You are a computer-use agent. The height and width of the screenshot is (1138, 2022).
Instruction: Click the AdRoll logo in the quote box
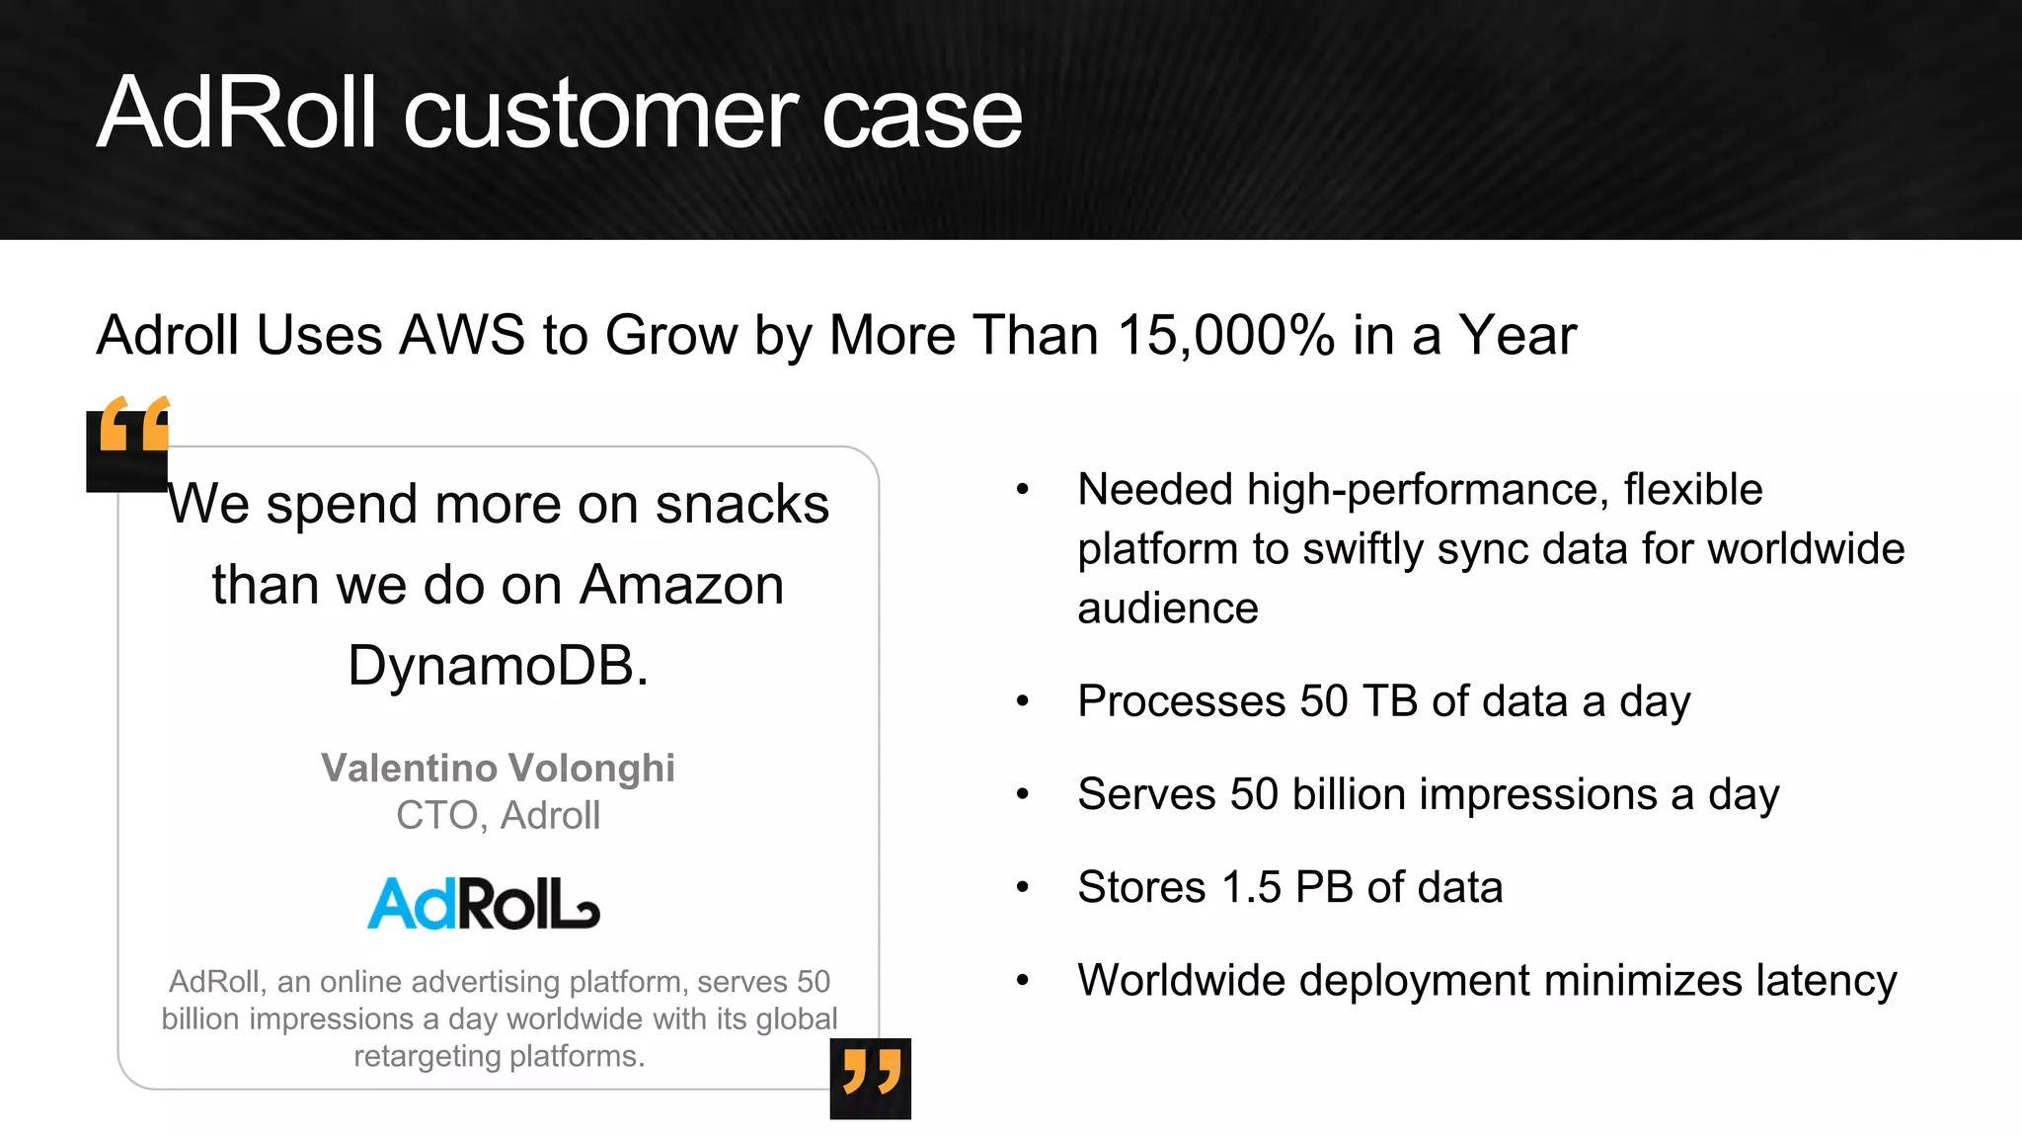[483, 904]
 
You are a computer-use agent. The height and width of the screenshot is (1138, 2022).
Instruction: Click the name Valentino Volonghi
[498, 768]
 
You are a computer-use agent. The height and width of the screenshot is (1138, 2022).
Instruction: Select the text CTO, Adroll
[498, 816]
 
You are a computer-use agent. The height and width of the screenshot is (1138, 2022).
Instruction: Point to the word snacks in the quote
[741, 505]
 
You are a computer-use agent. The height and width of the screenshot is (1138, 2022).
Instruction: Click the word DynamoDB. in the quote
[498, 666]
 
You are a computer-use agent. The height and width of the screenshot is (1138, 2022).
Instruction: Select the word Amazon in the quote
[681, 586]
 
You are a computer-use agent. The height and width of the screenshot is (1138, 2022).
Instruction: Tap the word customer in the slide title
[601, 114]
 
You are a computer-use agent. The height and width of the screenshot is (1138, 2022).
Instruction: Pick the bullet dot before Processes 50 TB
[1023, 701]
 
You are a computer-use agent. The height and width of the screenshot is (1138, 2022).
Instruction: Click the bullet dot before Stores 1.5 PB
[1023, 887]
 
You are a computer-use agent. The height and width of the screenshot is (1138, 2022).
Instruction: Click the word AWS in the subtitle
[462, 336]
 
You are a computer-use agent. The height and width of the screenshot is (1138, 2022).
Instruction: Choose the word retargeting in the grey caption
[427, 1056]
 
